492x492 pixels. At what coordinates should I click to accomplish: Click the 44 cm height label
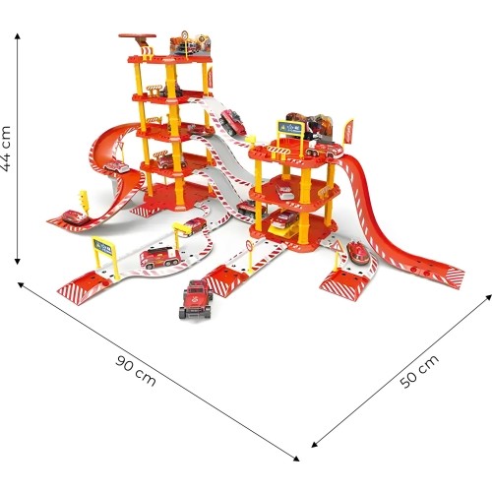7,149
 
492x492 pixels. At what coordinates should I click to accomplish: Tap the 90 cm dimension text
136,370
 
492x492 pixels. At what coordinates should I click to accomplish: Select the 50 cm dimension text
419,371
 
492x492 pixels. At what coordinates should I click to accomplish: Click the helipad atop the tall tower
137,35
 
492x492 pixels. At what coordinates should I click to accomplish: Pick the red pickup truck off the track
197,299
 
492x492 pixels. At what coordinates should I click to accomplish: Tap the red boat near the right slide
358,253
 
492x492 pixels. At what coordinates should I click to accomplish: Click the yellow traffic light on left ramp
84,202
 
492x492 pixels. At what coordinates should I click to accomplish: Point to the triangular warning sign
337,246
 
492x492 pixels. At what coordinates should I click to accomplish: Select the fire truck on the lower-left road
159,258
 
